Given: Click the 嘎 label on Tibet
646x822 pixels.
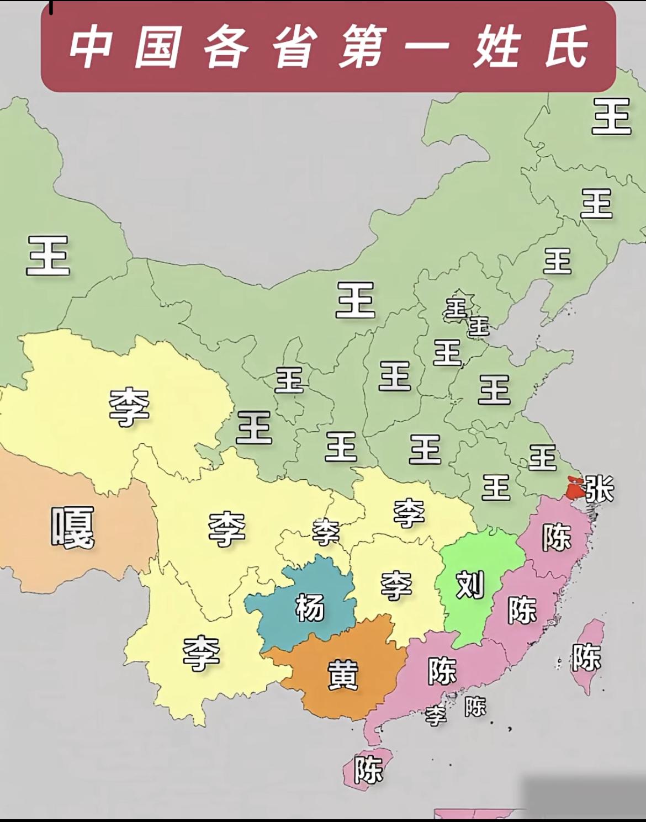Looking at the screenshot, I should pos(72,527).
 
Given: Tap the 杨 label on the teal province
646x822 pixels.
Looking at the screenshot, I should pos(310,607).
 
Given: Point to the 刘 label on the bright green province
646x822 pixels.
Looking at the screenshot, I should pos(470,585).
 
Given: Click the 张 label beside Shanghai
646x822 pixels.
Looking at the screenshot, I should pos(599,489).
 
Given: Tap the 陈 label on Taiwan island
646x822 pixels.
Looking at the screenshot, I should pos(586,656).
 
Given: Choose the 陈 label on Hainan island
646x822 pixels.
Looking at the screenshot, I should pos(368,769).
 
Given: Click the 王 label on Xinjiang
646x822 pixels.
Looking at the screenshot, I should pos(48,255).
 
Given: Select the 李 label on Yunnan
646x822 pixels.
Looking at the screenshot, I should pos(202,653).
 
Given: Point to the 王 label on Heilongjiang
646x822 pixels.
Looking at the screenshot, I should pos(611,116).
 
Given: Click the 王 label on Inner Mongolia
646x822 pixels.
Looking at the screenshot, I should pos(355,300).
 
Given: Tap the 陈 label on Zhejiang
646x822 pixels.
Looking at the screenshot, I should pos(556,536).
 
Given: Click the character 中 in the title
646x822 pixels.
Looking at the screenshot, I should pos(91,47).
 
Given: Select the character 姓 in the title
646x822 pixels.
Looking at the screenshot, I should pos(496,47).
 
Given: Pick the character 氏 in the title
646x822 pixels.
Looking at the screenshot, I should pos(566,47).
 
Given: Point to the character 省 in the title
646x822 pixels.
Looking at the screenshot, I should pos(294,47).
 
